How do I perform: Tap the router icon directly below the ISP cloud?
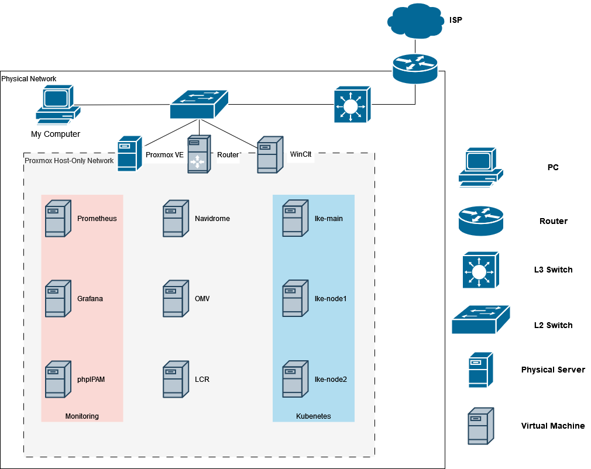pyautogui.click(x=415, y=67)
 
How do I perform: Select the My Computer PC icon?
pyautogui.click(x=56, y=105)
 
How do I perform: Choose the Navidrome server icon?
pyautogui.click(x=176, y=219)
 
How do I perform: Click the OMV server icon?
pyautogui.click(x=176, y=299)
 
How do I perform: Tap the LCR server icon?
pyautogui.click(x=176, y=380)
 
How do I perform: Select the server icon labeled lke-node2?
pyautogui.click(x=295, y=380)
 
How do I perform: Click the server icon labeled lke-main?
pyautogui.click(x=295, y=219)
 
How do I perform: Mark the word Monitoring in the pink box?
pyautogui.click(x=82, y=416)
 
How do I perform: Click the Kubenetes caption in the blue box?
pyautogui.click(x=314, y=416)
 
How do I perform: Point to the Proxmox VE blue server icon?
pyautogui.click(x=130, y=154)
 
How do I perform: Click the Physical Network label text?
pyautogui.click(x=29, y=78)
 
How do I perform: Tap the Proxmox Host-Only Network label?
pyautogui.click(x=69, y=160)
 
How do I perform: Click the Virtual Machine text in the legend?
pyautogui.click(x=553, y=426)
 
